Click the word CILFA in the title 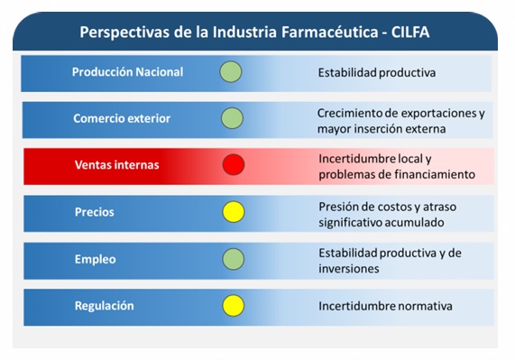409,32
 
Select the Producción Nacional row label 127,72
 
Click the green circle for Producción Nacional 231,71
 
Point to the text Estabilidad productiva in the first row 377,72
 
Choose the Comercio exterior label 122,118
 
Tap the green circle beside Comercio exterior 232,118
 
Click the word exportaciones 439,113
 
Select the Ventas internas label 116,164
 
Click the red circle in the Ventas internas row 234,164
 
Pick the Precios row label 95,212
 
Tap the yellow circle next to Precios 234,211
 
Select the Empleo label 96,259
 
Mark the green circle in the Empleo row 234,259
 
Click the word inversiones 349,269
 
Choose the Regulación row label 104,306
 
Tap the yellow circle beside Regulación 234,306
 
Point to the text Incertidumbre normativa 385,306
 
